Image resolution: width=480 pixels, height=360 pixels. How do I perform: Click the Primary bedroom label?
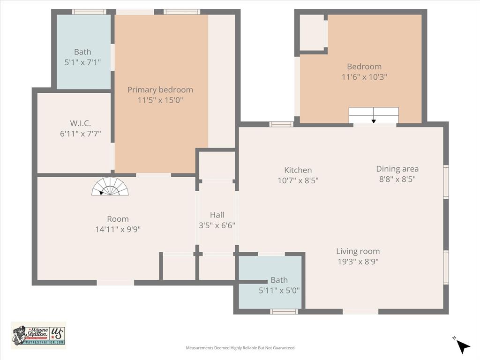coord(160,90)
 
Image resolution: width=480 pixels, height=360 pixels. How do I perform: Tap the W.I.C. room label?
coord(80,123)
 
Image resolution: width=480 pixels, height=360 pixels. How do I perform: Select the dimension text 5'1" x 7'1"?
coord(82,62)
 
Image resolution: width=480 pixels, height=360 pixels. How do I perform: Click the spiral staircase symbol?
coord(110,187)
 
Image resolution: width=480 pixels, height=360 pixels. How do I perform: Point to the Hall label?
coord(217,215)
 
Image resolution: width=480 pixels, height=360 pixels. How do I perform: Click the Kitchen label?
coord(298,170)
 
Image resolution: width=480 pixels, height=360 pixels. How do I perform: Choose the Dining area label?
coord(397,169)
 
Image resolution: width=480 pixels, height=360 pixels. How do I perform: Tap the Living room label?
coord(358,251)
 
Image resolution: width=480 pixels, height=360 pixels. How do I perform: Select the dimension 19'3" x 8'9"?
coord(358,262)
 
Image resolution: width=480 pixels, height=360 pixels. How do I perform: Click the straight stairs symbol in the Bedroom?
coord(374,115)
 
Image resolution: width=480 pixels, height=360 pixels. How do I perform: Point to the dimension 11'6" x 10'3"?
coord(364,76)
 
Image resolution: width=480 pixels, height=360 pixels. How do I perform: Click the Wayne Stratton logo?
coord(38,335)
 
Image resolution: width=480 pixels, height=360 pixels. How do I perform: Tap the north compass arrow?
coord(462,346)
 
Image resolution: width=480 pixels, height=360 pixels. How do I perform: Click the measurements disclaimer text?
coord(240,348)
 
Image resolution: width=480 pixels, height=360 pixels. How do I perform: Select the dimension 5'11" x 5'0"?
coord(279,290)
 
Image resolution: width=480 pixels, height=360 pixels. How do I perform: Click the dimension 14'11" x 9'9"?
coord(118,229)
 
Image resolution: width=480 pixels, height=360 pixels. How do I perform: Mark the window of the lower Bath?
coord(284,311)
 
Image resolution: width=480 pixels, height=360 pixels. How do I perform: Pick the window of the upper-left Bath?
coord(89,12)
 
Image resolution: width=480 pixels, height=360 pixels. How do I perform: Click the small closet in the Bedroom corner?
coord(312,32)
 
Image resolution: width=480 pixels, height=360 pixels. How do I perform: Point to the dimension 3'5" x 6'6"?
coord(217,225)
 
